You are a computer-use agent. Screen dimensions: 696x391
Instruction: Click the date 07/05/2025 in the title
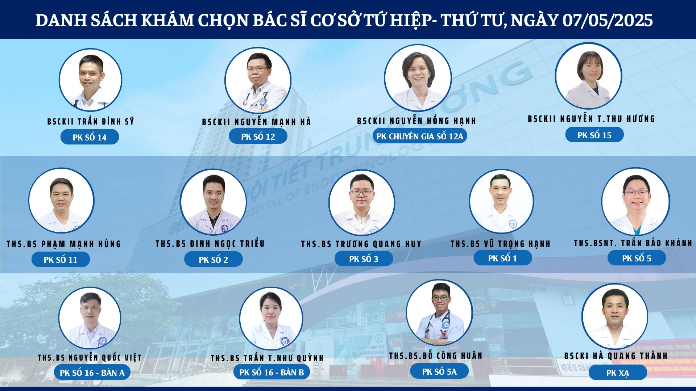point(608,20)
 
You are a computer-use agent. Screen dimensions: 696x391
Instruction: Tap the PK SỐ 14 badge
point(90,137)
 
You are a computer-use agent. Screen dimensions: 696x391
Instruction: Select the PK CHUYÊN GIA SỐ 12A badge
point(420,136)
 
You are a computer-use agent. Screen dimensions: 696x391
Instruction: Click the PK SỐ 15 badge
point(594,135)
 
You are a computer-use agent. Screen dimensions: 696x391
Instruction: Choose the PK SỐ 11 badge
point(61,260)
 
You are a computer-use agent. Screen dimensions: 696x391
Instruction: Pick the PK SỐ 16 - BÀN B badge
point(272,372)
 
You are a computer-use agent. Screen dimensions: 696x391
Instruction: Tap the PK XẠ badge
point(618,373)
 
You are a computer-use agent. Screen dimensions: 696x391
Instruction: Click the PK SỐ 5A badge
point(439,371)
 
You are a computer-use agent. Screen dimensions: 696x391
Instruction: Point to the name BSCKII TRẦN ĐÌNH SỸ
point(91,121)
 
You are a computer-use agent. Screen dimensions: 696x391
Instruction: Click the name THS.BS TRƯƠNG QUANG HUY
point(361,244)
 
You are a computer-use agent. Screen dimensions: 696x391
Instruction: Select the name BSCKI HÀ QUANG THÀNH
point(616,356)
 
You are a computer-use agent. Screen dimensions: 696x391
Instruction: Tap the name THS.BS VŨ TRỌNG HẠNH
point(501,244)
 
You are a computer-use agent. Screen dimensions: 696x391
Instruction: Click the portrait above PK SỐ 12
point(258,80)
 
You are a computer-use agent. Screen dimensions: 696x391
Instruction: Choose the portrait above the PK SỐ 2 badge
point(214,202)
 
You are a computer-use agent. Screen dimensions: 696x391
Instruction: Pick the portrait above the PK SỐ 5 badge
point(636,201)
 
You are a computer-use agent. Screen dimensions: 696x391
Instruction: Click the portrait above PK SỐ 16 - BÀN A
point(90,318)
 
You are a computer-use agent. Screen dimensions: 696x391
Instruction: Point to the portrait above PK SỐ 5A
point(439,312)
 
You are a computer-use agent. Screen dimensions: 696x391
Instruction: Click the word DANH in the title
point(61,21)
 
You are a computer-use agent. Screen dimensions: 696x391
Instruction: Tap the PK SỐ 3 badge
point(364,259)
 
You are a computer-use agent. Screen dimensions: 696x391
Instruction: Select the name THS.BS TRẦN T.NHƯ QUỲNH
point(267,358)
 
